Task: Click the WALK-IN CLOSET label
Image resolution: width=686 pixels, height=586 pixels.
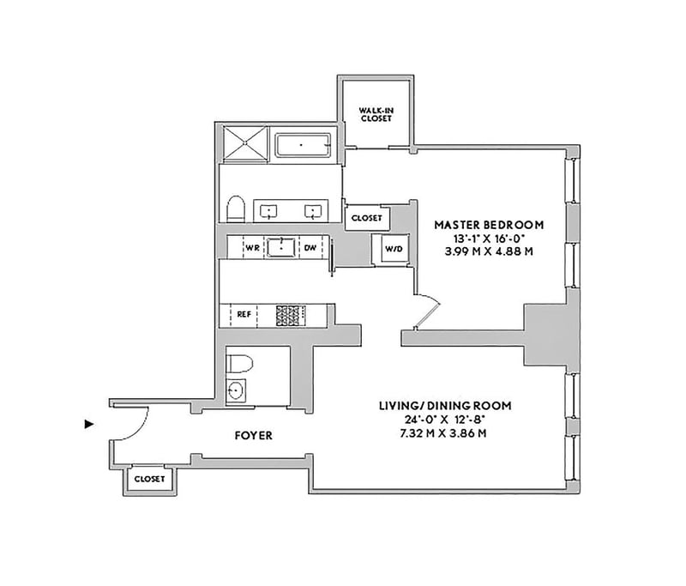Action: [376, 115]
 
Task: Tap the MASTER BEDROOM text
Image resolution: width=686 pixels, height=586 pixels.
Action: [489, 225]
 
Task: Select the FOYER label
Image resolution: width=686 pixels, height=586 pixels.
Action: [253, 436]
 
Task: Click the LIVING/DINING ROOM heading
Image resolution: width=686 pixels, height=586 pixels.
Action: [445, 406]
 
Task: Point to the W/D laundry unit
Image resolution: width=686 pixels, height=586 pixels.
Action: [394, 249]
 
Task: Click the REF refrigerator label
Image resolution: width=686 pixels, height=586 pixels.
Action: [244, 314]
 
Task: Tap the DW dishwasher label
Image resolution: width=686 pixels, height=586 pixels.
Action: [310, 248]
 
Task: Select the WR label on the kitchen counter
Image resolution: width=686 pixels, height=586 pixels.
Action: [252, 248]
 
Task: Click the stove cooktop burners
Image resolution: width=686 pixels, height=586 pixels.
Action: [291, 315]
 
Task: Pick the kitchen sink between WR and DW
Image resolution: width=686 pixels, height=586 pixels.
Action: [281, 247]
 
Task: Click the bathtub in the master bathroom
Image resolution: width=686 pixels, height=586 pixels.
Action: [303, 145]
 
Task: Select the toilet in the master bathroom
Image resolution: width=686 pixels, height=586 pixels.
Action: [236, 209]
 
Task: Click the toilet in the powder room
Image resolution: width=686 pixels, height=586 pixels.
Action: [240, 364]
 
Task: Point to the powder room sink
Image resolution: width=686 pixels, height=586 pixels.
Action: [236, 390]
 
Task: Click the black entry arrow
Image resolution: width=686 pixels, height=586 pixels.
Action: [89, 424]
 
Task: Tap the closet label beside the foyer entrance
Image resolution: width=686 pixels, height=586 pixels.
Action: [149, 479]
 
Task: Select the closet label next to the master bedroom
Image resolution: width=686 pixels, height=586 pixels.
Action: [367, 218]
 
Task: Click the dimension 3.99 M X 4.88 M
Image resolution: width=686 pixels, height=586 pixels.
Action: [489, 252]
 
